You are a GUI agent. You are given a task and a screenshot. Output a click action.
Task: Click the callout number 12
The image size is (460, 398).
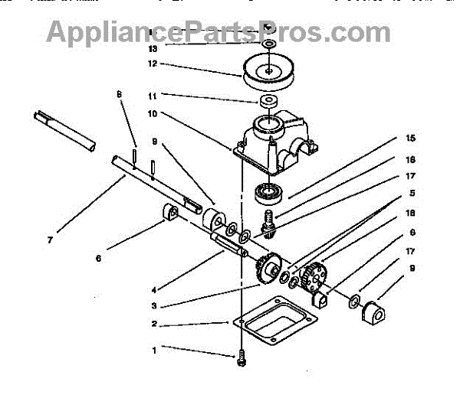[x=153, y=64]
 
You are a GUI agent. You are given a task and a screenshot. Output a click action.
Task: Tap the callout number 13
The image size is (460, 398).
[x=153, y=47]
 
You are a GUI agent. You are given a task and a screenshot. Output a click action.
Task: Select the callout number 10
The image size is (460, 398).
[x=153, y=113]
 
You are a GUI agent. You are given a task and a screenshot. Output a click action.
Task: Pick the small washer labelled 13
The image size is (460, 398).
[x=269, y=46]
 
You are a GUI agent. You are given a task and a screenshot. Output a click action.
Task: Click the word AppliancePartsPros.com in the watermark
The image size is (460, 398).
[x=219, y=32]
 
